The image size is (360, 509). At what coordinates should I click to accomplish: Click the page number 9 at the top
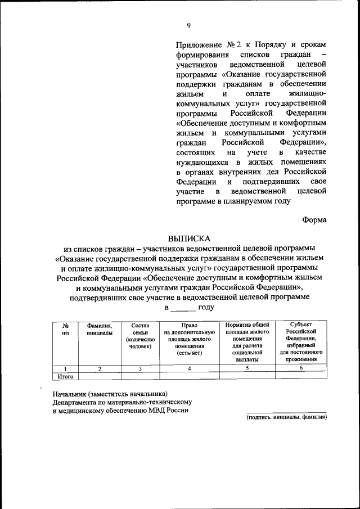point(189,24)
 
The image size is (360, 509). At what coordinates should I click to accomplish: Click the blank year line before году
point(183,308)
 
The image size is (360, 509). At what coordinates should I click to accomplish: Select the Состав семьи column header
point(139,336)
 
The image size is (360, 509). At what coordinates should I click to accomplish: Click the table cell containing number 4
point(189,368)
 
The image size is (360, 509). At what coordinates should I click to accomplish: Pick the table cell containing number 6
point(301,368)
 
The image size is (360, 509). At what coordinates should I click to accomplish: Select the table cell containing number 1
point(65,368)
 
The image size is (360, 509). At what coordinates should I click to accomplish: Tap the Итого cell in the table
point(65,376)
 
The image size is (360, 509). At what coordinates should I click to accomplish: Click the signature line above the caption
point(287,412)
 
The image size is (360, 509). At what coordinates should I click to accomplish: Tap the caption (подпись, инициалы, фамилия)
point(287,417)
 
